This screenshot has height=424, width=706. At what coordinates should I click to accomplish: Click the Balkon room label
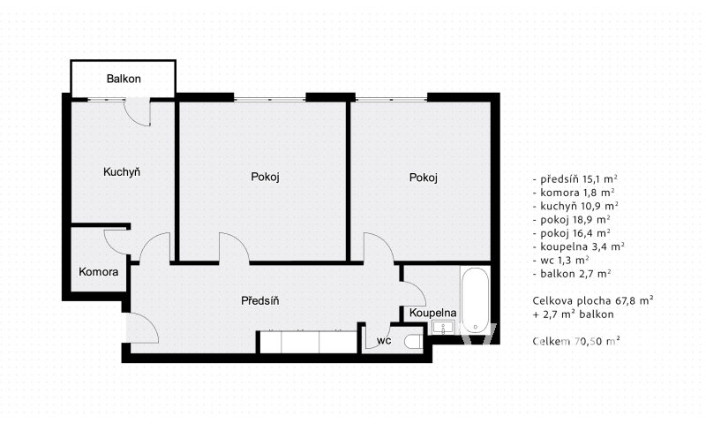pyautogui.click(x=124, y=79)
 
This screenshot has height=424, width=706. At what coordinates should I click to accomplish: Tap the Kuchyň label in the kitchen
pyautogui.click(x=122, y=171)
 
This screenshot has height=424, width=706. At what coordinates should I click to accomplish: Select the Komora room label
pyautogui.click(x=99, y=272)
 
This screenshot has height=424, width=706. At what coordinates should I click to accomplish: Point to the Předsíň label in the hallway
pyautogui.click(x=260, y=300)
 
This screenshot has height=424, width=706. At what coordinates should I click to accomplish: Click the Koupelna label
pyautogui.click(x=432, y=313)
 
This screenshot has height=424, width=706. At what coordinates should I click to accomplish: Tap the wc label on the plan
pyautogui.click(x=384, y=341)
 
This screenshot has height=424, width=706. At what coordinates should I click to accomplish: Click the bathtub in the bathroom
pyautogui.click(x=476, y=300)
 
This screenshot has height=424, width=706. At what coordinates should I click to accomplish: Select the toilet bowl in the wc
pyautogui.click(x=413, y=342)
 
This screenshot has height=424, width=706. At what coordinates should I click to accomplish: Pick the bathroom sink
pyautogui.click(x=444, y=327)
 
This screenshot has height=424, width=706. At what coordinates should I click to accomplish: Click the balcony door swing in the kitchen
pyautogui.click(x=135, y=117)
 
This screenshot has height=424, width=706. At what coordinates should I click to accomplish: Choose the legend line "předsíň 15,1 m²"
pyautogui.click(x=575, y=179)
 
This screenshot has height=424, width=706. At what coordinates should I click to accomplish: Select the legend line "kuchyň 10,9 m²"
pyautogui.click(x=575, y=206)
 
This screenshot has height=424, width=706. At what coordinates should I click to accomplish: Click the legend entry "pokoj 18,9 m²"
pyautogui.click(x=571, y=219)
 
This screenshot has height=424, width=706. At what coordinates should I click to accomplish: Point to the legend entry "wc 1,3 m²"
pyautogui.click(x=561, y=260)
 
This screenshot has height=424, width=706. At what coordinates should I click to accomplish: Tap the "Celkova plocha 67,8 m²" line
pyautogui.click(x=593, y=300)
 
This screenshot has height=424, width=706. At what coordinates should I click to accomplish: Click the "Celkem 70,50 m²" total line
pyautogui.click(x=576, y=341)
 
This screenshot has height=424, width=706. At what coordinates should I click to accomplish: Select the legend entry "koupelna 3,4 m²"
pyautogui.click(x=579, y=246)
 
